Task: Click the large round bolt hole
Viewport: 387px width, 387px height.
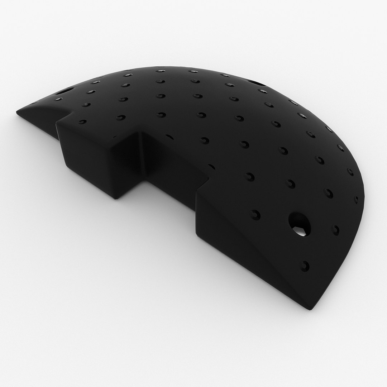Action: coord(299,224)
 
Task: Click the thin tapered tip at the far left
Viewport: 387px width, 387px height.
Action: coord(18,113)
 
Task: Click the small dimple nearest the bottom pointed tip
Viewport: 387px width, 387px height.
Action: coord(305,266)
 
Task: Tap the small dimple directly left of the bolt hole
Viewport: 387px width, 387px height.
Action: coord(255,214)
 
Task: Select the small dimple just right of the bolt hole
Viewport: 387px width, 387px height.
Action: coord(335,230)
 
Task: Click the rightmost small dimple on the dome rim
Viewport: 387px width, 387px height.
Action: coord(356,200)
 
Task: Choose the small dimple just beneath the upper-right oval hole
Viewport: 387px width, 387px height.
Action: coord(263,91)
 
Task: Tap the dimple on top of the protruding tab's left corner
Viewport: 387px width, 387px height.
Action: coord(82,122)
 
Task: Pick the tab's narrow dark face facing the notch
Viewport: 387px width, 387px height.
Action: coord(127,165)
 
